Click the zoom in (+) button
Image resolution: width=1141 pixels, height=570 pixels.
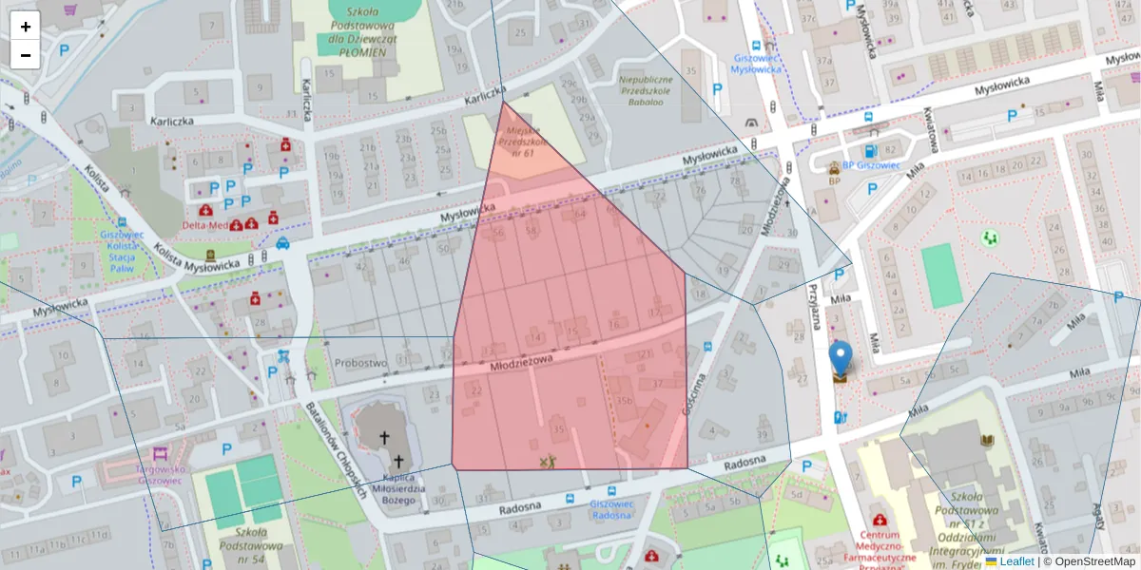click(x=26, y=27)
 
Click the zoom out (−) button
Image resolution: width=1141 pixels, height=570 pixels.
click(x=26, y=55)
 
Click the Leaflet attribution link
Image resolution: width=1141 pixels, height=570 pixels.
click(x=1015, y=561)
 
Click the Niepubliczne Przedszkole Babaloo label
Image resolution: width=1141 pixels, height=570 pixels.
click(x=646, y=89)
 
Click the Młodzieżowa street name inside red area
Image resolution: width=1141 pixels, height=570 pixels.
click(x=521, y=362)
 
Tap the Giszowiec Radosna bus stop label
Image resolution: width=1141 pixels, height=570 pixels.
click(x=611, y=509)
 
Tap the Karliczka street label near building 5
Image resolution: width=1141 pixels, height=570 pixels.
click(x=173, y=122)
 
